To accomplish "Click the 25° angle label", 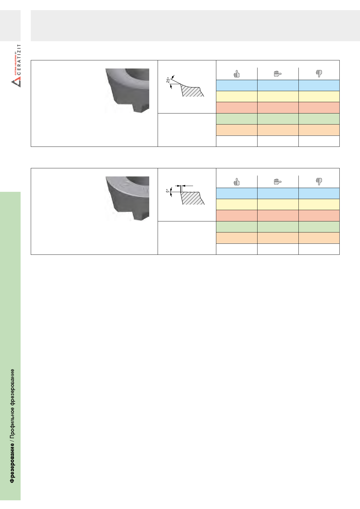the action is click(x=168, y=80).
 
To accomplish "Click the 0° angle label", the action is click(x=167, y=191).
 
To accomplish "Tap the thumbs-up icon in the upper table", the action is click(x=237, y=74).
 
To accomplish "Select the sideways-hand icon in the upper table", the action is click(x=278, y=74).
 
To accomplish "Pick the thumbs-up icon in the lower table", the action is click(x=237, y=182).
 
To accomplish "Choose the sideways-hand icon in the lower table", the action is click(x=278, y=182).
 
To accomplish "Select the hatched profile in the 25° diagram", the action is click(x=192, y=91).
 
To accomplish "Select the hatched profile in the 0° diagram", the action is click(x=192, y=198).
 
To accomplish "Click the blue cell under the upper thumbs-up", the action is click(x=237, y=85).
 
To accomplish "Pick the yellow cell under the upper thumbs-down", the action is click(x=319, y=96).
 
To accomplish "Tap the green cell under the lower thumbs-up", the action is click(x=237, y=227).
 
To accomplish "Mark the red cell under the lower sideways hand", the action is click(x=278, y=216).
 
